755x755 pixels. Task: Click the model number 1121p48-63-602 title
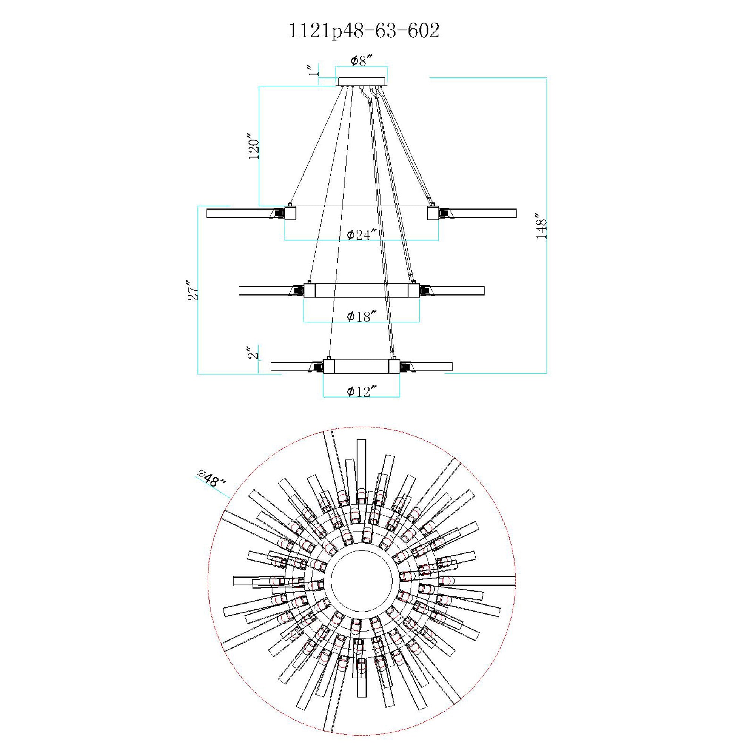point(364,31)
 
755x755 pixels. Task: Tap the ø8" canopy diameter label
point(361,60)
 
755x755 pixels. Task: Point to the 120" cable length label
point(254,148)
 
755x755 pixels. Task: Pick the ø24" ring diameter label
point(361,235)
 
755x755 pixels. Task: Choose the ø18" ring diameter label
point(362,317)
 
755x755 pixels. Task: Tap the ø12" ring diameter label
point(362,391)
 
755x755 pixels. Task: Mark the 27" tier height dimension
point(193,290)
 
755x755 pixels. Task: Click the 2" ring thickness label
point(254,353)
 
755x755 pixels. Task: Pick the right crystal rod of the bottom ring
point(432,367)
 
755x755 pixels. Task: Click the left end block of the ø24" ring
point(290,213)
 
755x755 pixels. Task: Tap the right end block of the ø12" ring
point(394,367)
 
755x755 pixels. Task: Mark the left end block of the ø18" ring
point(310,290)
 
